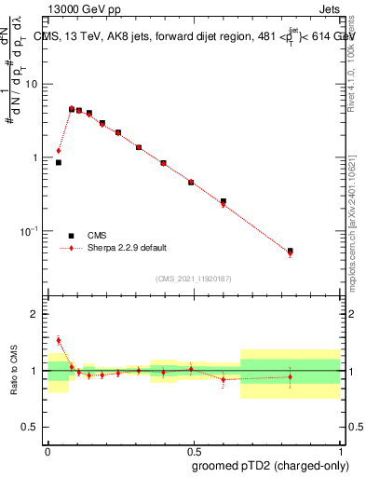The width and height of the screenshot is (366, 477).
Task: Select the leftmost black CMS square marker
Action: pos(59,162)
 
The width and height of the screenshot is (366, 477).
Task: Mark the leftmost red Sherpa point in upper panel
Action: pos(59,151)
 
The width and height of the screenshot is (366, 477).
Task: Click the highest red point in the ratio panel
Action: pos(59,340)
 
